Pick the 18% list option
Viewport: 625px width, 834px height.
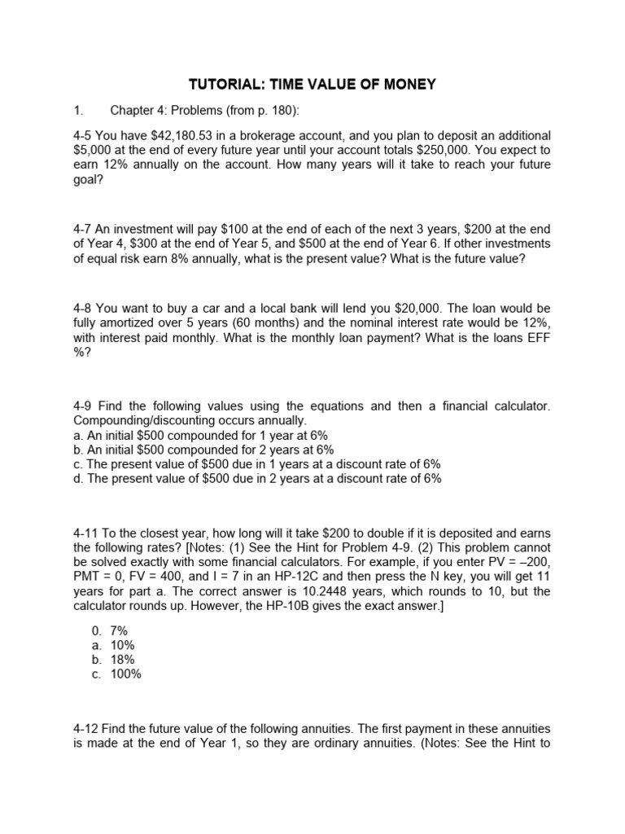coord(123,660)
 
